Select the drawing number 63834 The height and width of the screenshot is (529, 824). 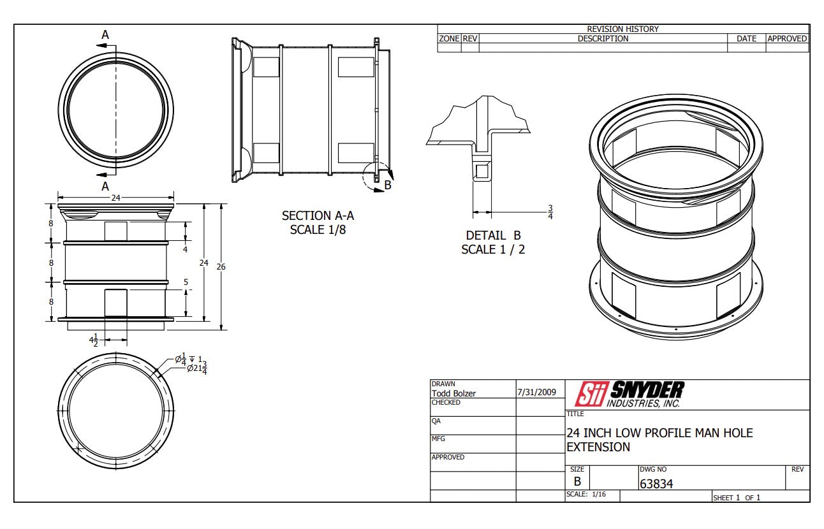pyautogui.click(x=656, y=484)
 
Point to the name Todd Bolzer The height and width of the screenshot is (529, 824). pyautogui.click(x=453, y=393)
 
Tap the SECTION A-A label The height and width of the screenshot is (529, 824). pyautogui.click(x=318, y=216)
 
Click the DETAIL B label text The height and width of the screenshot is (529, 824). pyautogui.click(x=493, y=235)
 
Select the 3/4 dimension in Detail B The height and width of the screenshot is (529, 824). pyautogui.click(x=550, y=212)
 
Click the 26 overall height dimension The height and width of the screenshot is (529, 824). pyautogui.click(x=221, y=266)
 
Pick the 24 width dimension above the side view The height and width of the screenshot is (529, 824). pyautogui.click(x=115, y=198)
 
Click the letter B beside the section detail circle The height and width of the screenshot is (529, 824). pyautogui.click(x=387, y=186)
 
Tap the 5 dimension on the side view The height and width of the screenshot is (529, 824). pyautogui.click(x=186, y=282)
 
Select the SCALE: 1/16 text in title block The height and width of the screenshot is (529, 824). pyautogui.click(x=586, y=495)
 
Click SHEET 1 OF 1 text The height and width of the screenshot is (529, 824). pyautogui.click(x=737, y=497)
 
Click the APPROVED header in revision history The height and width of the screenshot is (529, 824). pyautogui.click(x=787, y=39)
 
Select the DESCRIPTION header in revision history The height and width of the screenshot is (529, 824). pyautogui.click(x=603, y=39)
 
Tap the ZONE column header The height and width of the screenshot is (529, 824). pyautogui.click(x=449, y=39)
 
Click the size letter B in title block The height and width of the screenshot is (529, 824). pyautogui.click(x=577, y=482)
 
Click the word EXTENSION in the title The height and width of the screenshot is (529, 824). pyautogui.click(x=598, y=447)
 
